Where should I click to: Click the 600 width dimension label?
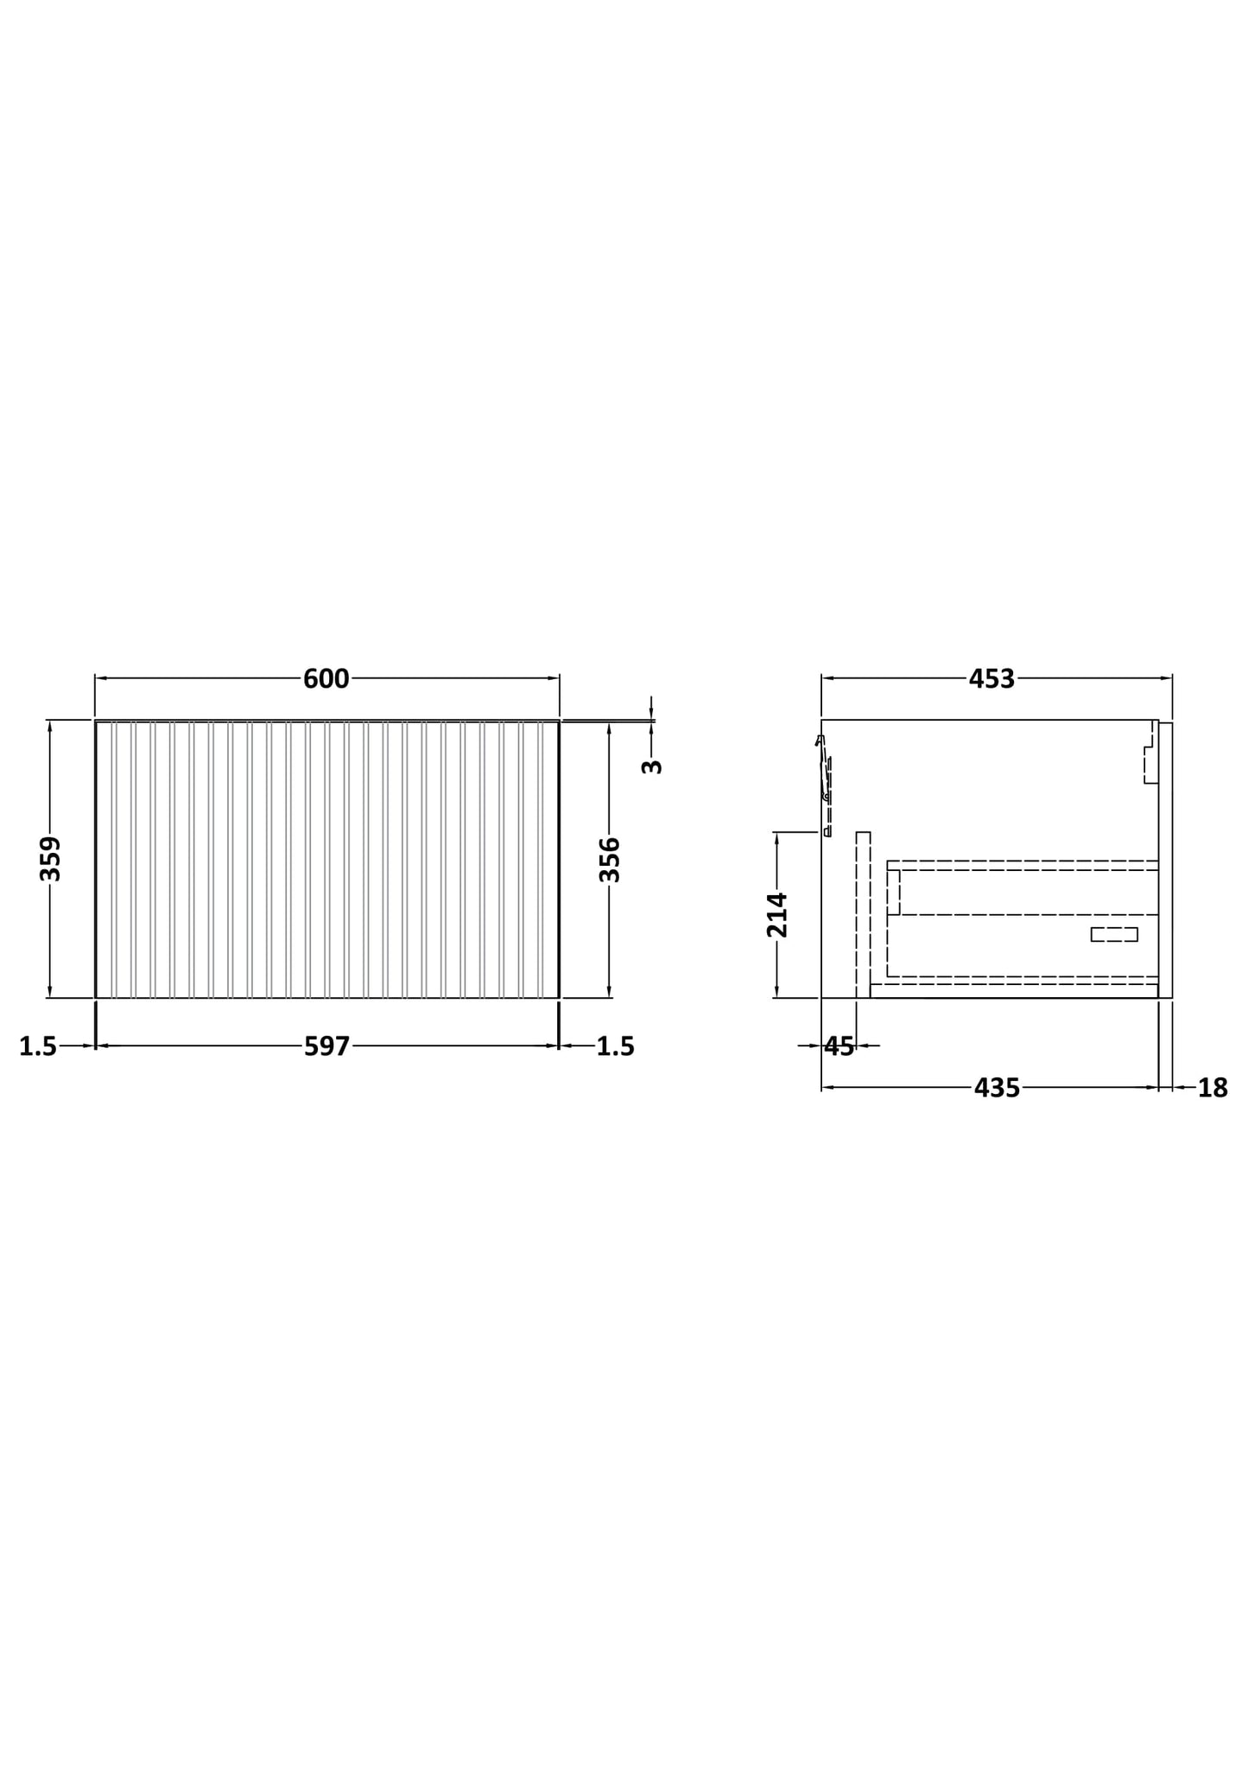[326, 679]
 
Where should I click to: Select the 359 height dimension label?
[51, 858]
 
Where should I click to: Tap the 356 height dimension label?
[610, 859]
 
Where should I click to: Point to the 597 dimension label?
[326, 1046]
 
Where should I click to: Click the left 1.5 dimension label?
[38, 1046]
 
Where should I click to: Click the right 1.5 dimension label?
[615, 1046]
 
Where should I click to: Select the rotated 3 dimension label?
[652, 766]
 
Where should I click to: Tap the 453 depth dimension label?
[991, 679]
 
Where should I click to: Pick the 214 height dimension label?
[777, 914]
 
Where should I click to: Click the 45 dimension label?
[839, 1046]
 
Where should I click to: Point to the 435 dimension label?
[997, 1088]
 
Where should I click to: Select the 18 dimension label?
[1212, 1089]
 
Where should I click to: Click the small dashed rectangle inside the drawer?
[1113, 934]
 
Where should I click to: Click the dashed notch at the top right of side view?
[1150, 765]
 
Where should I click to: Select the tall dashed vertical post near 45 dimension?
[863, 914]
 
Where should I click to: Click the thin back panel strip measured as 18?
[1165, 859]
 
